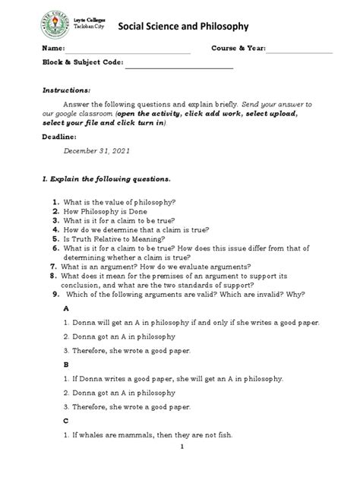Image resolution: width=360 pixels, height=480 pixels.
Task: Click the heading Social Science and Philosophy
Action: [x=182, y=27]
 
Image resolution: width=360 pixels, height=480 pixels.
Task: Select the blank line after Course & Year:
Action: [x=298, y=52]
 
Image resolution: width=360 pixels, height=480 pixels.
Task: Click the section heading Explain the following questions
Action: [x=110, y=180]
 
